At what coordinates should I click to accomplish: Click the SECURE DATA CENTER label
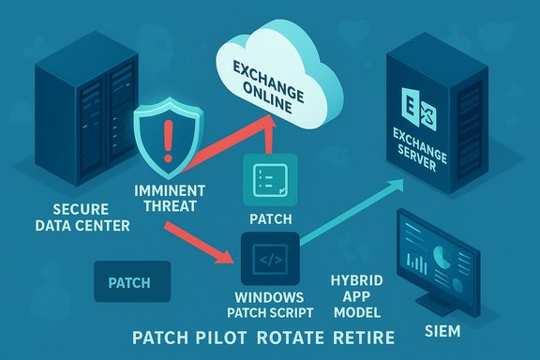pos(66,217)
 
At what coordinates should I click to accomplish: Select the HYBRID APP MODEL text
pos(357,292)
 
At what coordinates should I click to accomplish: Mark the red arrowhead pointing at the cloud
pos(273,113)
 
